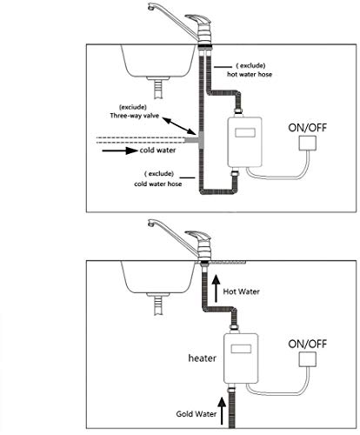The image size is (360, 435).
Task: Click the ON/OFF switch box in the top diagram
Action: point(308,143)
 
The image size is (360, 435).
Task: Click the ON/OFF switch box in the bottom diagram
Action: point(308,359)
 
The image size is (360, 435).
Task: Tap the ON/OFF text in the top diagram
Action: point(307,128)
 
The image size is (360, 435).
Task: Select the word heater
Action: point(202,358)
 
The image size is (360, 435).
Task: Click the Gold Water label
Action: point(197,414)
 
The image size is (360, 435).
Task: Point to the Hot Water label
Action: point(241,291)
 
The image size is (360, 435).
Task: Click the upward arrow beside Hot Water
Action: point(216,289)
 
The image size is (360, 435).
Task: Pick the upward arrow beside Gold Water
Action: point(222,411)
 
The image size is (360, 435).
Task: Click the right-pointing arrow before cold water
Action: point(120,151)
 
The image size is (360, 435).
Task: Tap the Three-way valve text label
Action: point(135,116)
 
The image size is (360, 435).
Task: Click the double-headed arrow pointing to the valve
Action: point(178,126)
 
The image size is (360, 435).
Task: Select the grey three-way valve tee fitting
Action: point(196,140)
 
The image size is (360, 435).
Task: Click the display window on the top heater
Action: point(245,132)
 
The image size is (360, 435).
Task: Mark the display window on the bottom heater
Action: point(241,349)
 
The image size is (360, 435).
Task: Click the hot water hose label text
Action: point(250,74)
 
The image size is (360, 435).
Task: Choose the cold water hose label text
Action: point(158,184)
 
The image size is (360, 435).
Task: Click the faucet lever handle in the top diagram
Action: point(198,19)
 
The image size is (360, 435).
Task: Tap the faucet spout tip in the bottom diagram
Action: point(150,224)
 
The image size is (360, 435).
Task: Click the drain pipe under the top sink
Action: point(158,89)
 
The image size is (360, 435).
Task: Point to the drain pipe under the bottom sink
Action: point(158,305)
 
